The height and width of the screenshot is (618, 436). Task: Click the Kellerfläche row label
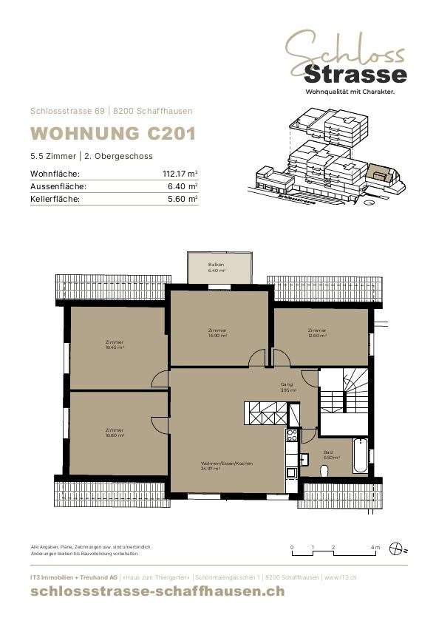pos(54,199)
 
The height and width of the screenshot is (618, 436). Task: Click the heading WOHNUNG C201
pos(112,134)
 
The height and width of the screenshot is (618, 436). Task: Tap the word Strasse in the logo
pos(355,74)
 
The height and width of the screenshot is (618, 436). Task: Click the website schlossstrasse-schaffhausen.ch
pos(157,591)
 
